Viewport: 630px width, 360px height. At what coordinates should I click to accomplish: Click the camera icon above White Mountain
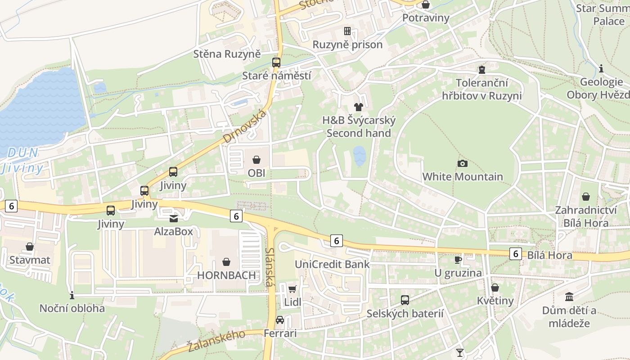[x=462, y=163]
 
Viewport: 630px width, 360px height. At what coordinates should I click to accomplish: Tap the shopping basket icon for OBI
[x=256, y=160]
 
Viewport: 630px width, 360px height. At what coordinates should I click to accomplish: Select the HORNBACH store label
[x=226, y=275]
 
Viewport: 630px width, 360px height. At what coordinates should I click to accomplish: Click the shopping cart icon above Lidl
[x=292, y=289]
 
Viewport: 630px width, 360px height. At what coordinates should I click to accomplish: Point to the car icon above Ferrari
[x=280, y=320]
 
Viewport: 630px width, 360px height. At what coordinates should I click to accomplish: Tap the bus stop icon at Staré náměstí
[x=276, y=63]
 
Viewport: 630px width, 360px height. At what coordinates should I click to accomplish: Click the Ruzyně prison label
[x=347, y=44]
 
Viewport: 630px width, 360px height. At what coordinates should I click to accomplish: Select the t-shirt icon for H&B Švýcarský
[x=358, y=107]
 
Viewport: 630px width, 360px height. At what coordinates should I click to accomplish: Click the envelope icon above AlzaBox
[x=173, y=218]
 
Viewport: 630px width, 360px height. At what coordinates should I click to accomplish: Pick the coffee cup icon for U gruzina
[x=458, y=260]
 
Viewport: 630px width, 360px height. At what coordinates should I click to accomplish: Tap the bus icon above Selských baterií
[x=405, y=300]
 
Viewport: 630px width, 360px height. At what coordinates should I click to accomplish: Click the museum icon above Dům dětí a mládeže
[x=569, y=297]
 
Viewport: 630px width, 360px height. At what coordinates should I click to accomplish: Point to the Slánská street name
[x=270, y=267]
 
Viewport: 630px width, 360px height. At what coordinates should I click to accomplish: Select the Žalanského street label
[x=216, y=341]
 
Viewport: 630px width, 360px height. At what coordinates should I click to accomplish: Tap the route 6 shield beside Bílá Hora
[x=516, y=254]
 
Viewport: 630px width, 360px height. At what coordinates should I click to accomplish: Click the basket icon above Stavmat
[x=30, y=247]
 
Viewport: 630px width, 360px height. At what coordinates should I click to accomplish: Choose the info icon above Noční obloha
[x=72, y=295]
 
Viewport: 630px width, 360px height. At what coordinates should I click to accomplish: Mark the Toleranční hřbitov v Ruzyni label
[x=481, y=89]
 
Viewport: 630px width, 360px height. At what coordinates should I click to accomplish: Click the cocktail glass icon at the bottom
[x=459, y=352]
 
